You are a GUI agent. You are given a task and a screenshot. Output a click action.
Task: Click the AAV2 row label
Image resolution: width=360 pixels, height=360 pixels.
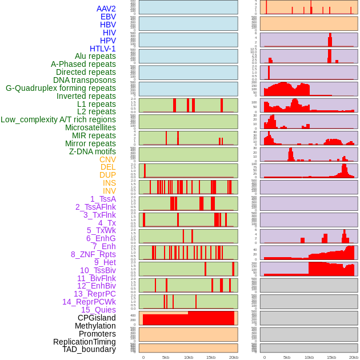click(106, 9)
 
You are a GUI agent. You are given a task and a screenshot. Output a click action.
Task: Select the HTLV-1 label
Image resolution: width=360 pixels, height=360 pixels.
click(102, 49)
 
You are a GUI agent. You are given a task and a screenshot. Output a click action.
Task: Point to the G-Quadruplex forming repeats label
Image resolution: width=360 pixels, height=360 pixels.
click(61, 88)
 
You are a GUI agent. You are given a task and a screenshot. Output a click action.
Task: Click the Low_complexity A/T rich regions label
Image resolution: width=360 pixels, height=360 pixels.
click(58, 119)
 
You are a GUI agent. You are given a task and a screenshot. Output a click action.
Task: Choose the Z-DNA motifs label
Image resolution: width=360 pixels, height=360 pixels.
click(92, 151)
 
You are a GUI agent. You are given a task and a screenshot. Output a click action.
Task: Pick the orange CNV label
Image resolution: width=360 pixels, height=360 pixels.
click(107, 159)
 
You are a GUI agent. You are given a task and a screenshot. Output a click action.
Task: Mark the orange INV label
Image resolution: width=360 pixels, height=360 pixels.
click(109, 191)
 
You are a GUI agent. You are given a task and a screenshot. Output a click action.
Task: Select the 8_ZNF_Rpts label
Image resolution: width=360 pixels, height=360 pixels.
click(93, 254)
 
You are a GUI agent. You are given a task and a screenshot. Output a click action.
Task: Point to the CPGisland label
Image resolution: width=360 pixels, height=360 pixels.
click(97, 318)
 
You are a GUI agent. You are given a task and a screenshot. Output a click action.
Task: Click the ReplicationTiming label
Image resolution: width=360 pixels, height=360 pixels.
click(84, 342)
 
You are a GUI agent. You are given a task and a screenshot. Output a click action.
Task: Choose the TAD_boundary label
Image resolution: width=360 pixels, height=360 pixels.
click(89, 349)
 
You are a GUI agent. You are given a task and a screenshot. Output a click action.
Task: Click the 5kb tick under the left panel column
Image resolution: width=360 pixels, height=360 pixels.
click(165, 357)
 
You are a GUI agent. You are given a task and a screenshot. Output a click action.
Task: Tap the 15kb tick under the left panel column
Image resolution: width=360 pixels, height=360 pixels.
click(210, 357)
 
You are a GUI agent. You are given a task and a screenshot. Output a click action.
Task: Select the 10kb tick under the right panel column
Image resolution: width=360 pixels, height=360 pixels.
click(309, 357)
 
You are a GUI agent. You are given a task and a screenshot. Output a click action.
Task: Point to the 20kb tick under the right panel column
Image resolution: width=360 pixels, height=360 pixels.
click(354, 357)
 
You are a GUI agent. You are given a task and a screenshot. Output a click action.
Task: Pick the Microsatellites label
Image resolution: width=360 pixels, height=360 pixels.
click(90, 127)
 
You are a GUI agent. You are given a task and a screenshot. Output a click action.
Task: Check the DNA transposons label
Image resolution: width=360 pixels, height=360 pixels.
click(85, 80)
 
